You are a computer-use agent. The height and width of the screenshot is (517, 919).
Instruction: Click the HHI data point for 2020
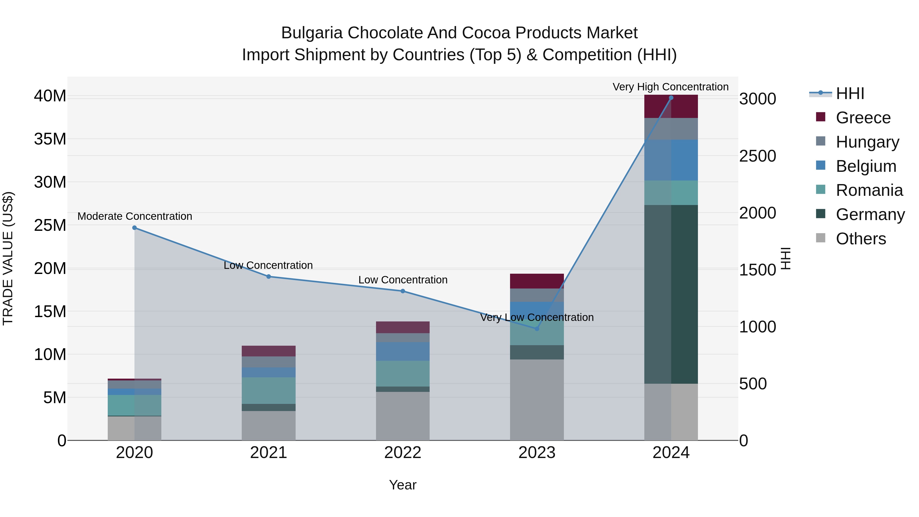(x=135, y=228)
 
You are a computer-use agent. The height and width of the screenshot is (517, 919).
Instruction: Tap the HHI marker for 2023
(x=537, y=329)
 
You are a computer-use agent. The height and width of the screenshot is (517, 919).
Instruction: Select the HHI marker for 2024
(x=671, y=98)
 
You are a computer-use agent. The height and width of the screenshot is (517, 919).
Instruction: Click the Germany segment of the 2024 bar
(x=671, y=294)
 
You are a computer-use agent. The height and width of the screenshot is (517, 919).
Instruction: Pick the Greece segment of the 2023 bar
(x=537, y=281)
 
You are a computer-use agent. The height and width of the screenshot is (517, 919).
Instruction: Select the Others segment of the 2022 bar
(x=403, y=416)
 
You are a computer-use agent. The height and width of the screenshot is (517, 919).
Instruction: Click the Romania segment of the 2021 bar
(x=269, y=391)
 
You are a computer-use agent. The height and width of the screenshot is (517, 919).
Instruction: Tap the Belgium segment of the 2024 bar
(x=671, y=160)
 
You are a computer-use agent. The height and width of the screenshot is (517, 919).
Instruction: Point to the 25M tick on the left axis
(x=50, y=225)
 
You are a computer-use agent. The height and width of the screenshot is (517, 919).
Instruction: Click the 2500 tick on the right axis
(x=757, y=156)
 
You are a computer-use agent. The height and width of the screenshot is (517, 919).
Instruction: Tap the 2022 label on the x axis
(x=403, y=453)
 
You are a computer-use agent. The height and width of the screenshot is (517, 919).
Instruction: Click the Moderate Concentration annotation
(x=135, y=216)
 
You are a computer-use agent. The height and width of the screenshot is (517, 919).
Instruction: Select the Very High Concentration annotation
(x=670, y=87)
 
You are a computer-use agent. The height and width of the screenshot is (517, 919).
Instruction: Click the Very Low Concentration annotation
(x=537, y=317)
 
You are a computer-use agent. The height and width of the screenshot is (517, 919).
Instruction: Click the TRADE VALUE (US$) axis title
(x=8, y=258)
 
